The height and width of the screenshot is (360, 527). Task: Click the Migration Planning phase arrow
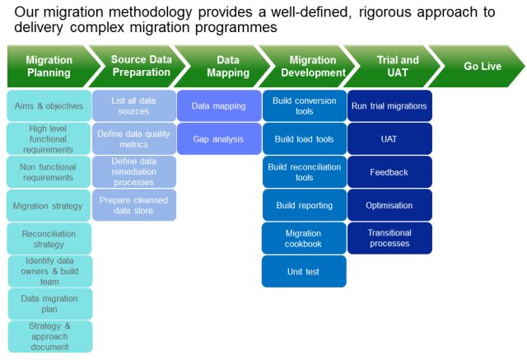point(49,67)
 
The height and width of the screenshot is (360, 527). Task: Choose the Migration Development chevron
point(312,67)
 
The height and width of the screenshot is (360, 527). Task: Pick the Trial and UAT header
point(397,67)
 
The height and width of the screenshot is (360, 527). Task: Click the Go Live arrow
point(482,67)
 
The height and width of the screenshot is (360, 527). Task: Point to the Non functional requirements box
point(49,171)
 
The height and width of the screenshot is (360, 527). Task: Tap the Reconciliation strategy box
point(49,238)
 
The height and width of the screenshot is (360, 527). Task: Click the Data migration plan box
point(50,304)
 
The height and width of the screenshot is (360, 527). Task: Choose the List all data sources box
point(134,106)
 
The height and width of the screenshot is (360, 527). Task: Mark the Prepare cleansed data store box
point(134,205)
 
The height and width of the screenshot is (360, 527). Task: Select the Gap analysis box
point(217,139)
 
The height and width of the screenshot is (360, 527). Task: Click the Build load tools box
point(304,139)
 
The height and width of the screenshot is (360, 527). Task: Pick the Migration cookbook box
point(304,238)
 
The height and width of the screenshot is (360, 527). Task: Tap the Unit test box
point(304,271)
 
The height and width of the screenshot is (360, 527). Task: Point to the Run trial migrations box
point(389,106)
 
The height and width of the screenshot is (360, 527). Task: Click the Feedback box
point(389,172)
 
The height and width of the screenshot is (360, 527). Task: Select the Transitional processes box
point(389,238)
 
